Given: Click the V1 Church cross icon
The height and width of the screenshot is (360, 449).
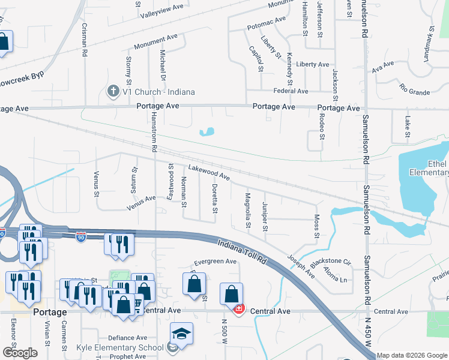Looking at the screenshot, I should (x=112, y=92).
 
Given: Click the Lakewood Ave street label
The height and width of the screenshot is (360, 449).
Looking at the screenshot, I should (x=209, y=173).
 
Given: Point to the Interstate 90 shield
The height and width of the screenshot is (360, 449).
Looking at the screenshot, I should (x=81, y=238).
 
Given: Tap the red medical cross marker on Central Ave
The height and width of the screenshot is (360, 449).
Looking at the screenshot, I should (x=238, y=309).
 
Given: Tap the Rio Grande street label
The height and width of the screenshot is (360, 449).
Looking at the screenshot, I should (x=414, y=90).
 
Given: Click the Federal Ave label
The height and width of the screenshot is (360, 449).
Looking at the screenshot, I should (x=291, y=91).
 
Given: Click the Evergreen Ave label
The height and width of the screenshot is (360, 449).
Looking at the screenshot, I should (x=215, y=262).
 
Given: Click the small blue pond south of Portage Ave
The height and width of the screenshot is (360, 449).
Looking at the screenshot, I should (x=208, y=131).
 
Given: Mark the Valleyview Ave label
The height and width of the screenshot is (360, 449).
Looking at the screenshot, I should (x=161, y=8).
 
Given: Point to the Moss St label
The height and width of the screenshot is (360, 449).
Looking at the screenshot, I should (x=316, y=225).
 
